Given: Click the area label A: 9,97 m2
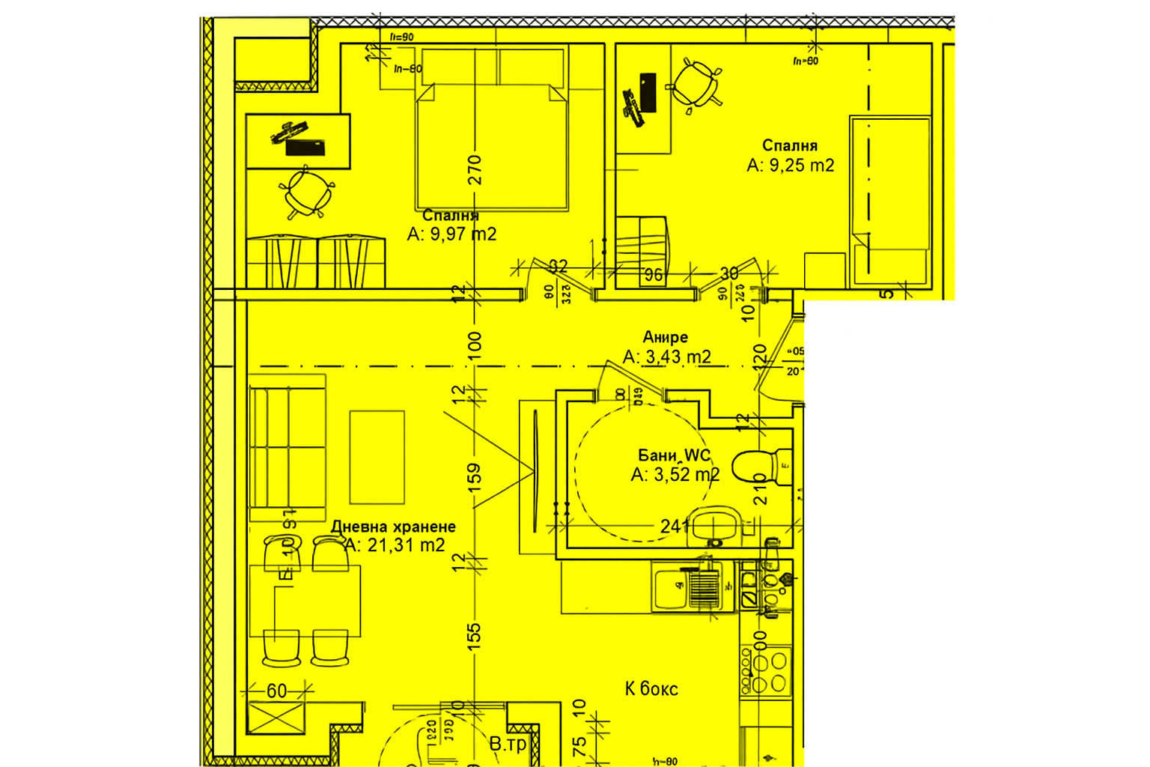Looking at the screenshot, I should pyautogui.click(x=451, y=234).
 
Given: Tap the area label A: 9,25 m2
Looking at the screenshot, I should pyautogui.click(x=790, y=166).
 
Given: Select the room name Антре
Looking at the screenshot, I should pyautogui.click(x=665, y=337).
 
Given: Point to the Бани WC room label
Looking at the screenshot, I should pyautogui.click(x=675, y=455).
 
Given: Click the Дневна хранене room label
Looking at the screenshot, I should pyautogui.click(x=393, y=527).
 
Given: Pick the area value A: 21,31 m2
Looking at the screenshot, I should pyautogui.click(x=395, y=545).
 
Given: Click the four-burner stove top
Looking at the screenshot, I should pyautogui.click(x=766, y=672).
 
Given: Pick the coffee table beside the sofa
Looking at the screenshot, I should pyautogui.click(x=377, y=457).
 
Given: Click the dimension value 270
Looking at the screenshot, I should pyautogui.click(x=474, y=170).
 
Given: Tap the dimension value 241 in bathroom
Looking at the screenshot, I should pyautogui.click(x=675, y=527).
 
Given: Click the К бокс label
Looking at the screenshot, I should pyautogui.click(x=651, y=689).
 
